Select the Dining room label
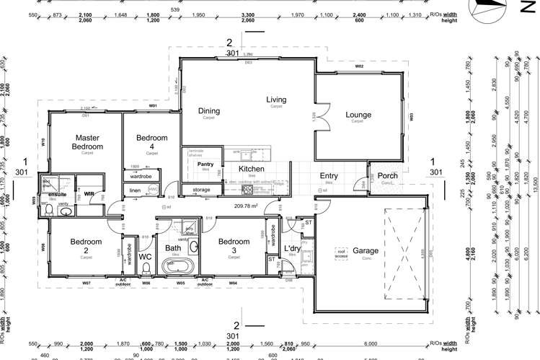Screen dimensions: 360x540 click(209, 110)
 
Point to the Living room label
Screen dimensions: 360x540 click(276, 100)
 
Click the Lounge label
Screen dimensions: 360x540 click(358, 114)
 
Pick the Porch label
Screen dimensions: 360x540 click(387, 175)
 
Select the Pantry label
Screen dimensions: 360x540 click(205, 164)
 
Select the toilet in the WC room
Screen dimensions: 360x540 click(146, 270)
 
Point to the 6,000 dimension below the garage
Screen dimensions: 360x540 click(370, 344)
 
